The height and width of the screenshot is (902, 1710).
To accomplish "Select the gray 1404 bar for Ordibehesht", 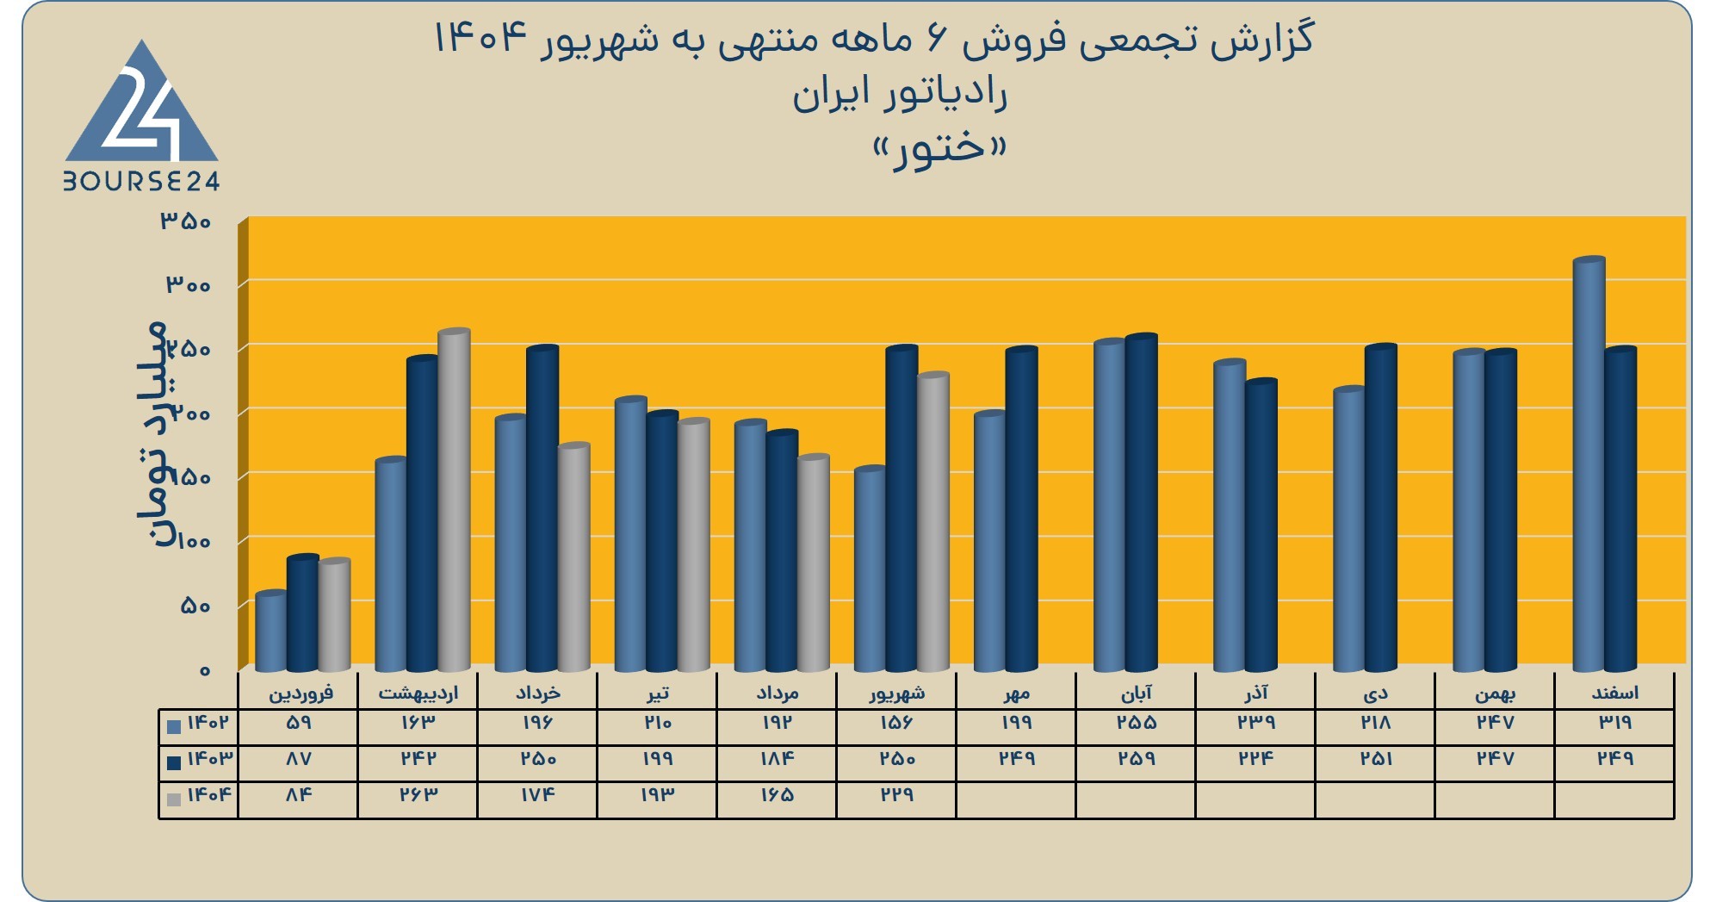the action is click(x=454, y=500).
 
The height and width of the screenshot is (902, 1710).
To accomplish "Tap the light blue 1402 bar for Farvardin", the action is click(x=271, y=631).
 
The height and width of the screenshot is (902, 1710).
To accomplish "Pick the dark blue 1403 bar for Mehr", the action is click(x=1021, y=509).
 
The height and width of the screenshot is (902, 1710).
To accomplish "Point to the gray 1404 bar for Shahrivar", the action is click(x=932, y=521).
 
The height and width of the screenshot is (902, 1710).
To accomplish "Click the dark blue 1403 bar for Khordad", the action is click(x=542, y=508).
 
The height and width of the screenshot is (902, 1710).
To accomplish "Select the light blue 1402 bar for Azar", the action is click(x=1230, y=515).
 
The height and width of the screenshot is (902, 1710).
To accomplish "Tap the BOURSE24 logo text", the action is click(x=142, y=181).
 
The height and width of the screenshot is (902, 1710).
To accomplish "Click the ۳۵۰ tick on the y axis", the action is click(x=185, y=221).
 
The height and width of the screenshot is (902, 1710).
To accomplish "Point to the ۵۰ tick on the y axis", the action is click(x=195, y=606).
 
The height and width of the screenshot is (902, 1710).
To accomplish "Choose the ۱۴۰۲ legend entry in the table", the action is click(x=199, y=724).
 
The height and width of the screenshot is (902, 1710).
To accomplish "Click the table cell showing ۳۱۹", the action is click(x=1614, y=723).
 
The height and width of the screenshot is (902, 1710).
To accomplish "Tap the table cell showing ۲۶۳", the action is click(x=418, y=794).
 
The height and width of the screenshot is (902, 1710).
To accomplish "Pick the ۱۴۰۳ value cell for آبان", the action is click(x=1137, y=759).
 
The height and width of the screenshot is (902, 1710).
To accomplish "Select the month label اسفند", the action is click(x=1614, y=693).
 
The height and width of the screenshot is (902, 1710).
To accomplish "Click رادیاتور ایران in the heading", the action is click(x=900, y=95).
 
